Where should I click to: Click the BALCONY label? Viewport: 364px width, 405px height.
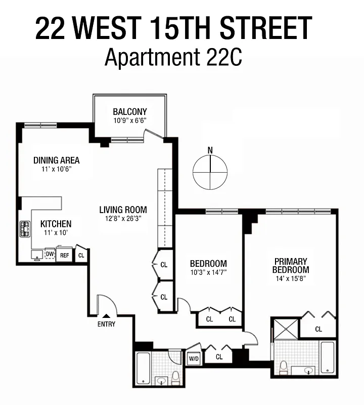point(130,112)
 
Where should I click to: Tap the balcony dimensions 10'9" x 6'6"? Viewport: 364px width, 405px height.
point(130,121)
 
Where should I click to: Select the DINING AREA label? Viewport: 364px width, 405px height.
point(57,160)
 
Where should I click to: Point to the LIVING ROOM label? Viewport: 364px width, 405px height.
point(123,210)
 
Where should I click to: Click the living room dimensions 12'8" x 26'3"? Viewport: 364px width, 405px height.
point(123,219)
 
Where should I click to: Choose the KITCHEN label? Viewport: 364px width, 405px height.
point(56,224)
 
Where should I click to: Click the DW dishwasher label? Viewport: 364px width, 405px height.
point(50,254)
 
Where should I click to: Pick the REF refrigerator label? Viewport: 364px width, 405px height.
point(64,255)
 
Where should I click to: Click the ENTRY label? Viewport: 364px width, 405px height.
point(106,324)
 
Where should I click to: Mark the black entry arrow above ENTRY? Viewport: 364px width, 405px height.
point(106,316)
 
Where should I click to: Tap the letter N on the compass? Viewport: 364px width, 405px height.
point(210,150)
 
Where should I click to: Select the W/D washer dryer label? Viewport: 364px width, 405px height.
point(194,359)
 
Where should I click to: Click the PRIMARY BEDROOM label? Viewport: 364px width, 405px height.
point(291,265)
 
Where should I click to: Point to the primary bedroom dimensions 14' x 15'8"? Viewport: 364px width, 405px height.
point(291,278)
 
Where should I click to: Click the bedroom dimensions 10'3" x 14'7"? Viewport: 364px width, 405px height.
point(208,272)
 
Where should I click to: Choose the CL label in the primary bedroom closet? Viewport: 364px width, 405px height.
point(318,329)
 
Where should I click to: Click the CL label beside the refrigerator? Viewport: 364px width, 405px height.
point(81,255)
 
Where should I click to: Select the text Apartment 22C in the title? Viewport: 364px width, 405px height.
point(173,57)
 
